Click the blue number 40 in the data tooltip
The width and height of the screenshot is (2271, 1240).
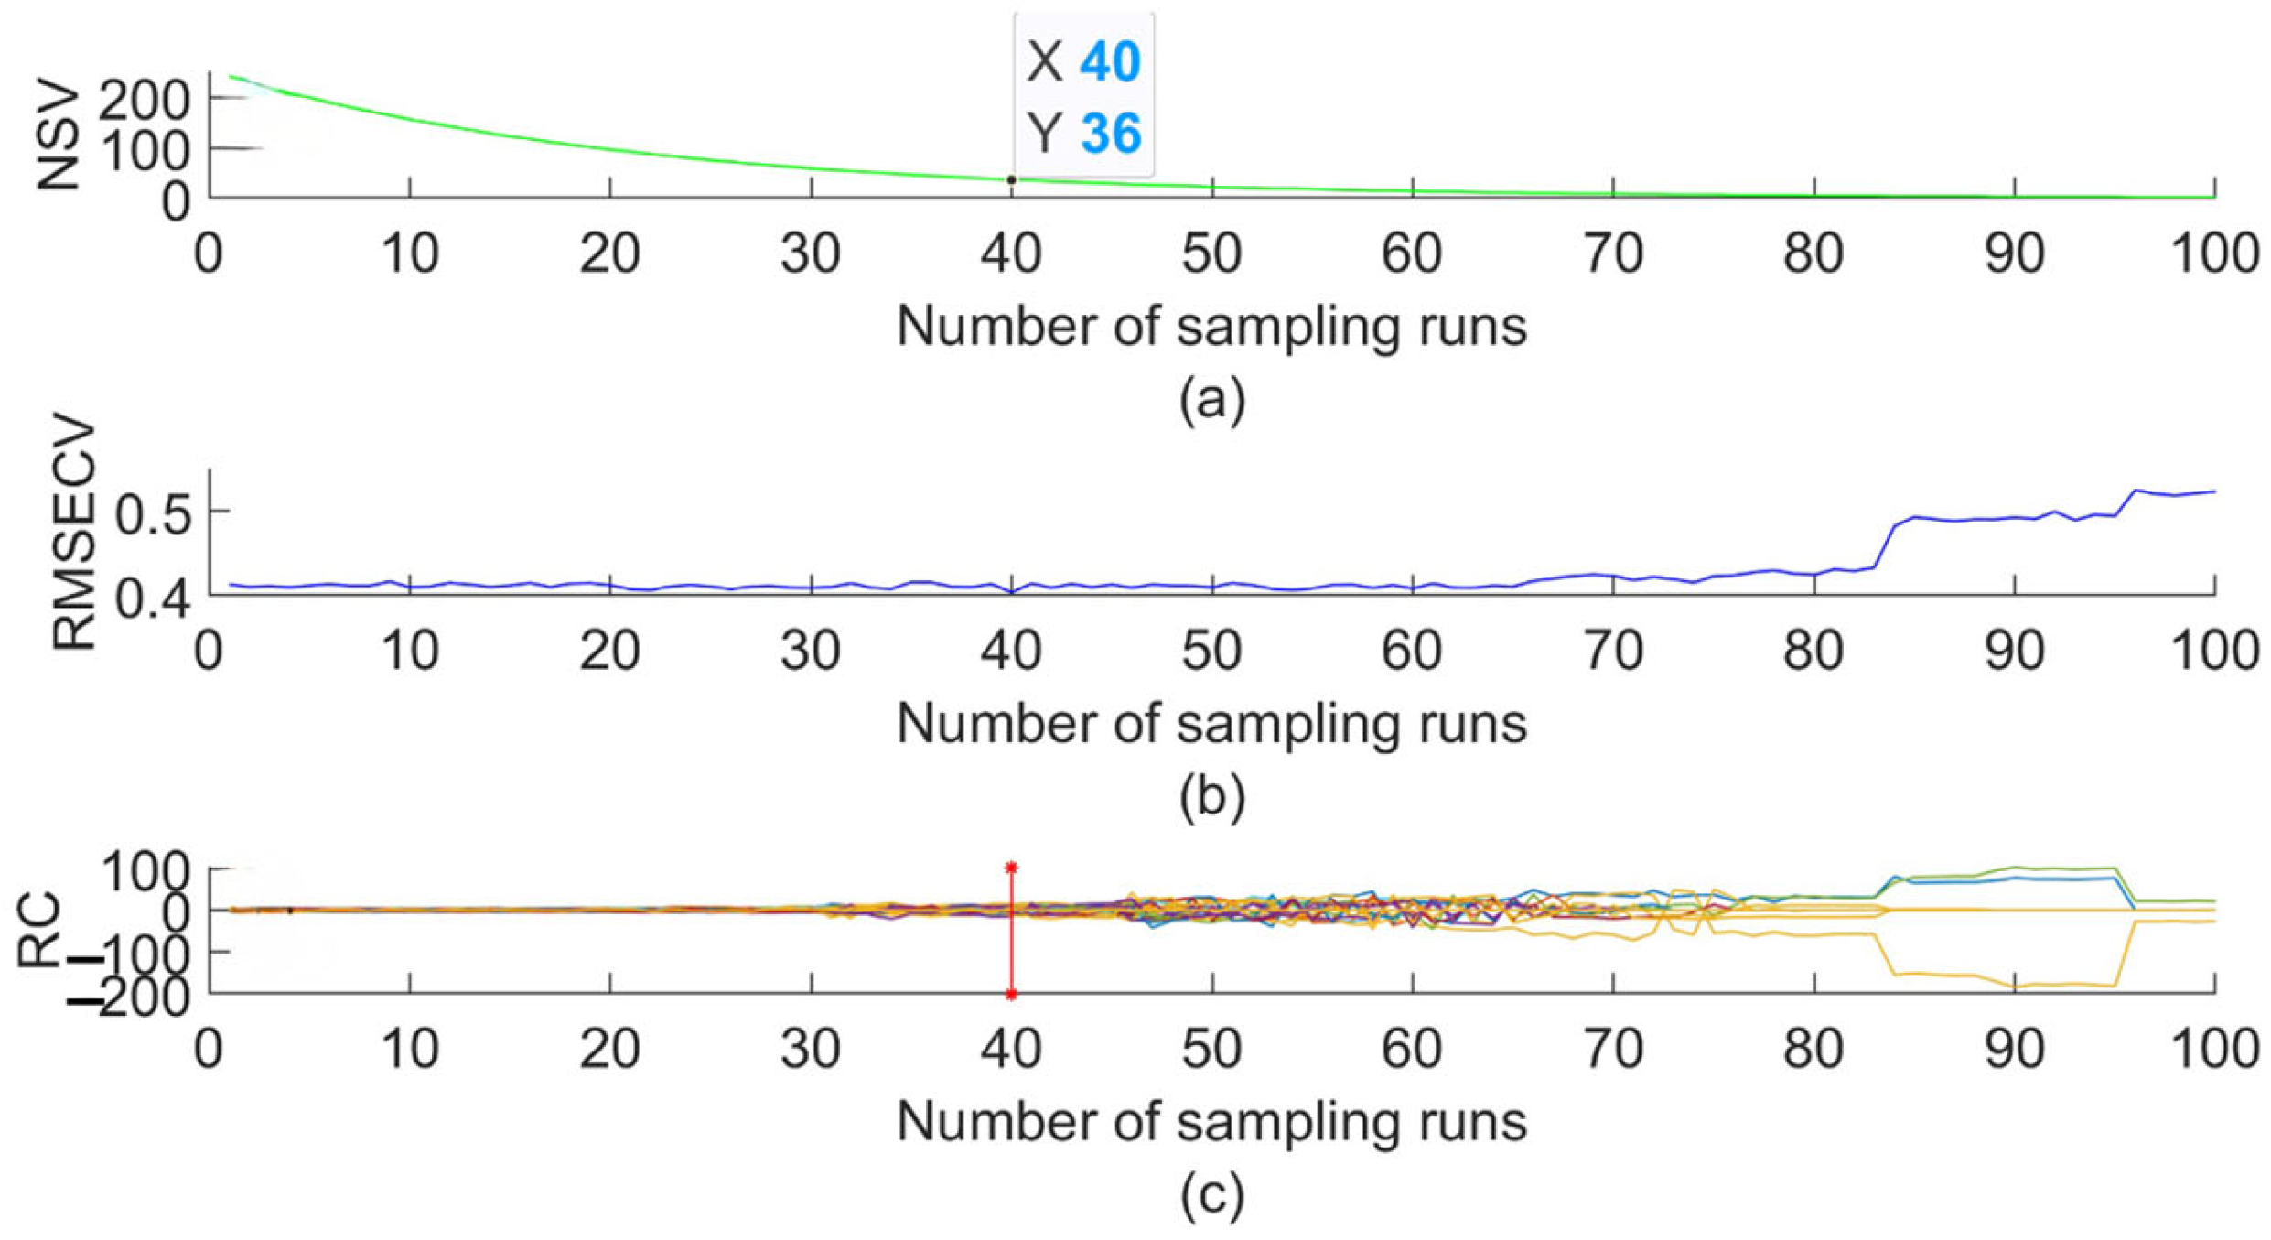1110,62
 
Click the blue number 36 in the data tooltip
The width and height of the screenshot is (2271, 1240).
1110,134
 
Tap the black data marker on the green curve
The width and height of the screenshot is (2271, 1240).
1011,180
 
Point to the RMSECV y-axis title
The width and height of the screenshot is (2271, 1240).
73,534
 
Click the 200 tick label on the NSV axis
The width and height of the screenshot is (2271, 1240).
144,100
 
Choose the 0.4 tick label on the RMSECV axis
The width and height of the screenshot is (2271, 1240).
153,601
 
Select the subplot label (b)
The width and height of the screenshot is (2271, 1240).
1211,796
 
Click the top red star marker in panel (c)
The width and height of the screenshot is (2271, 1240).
1011,867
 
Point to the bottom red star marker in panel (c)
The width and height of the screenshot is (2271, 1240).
1011,994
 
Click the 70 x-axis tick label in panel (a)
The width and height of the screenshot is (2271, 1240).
1612,253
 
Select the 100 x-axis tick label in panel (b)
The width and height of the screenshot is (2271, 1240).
2214,652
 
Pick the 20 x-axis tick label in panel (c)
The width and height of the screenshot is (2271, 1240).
609,1049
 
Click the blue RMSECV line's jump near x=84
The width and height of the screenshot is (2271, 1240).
1883,546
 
